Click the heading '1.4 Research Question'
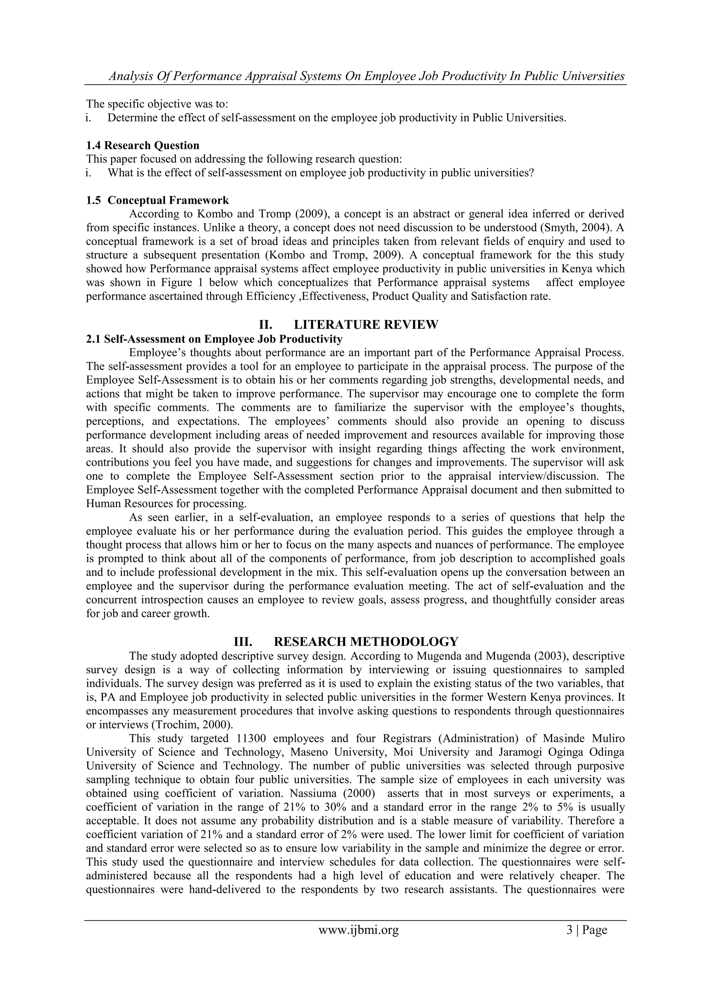click(x=142, y=145)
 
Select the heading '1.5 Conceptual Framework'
click(x=157, y=200)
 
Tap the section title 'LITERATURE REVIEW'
click(x=366, y=325)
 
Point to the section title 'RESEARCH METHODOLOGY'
click(x=366, y=642)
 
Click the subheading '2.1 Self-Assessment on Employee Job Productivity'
click(x=214, y=339)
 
